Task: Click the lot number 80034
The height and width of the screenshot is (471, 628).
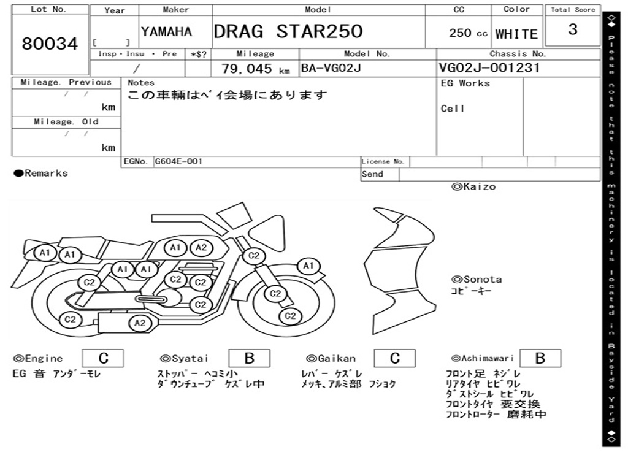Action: click(x=50, y=44)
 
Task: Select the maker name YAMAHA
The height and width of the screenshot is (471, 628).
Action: click(x=166, y=32)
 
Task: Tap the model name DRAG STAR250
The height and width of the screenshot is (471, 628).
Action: click(x=288, y=31)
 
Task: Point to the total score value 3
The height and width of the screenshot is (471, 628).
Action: click(x=573, y=29)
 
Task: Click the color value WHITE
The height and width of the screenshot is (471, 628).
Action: click(x=516, y=34)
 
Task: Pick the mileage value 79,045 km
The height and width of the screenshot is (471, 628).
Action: click(x=256, y=69)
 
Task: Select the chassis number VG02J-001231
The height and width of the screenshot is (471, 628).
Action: click(x=489, y=67)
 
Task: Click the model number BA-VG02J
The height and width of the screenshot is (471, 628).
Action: click(x=331, y=68)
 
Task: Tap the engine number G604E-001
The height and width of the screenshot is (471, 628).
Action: click(x=178, y=161)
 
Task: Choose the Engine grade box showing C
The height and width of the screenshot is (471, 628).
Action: click(x=103, y=358)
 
